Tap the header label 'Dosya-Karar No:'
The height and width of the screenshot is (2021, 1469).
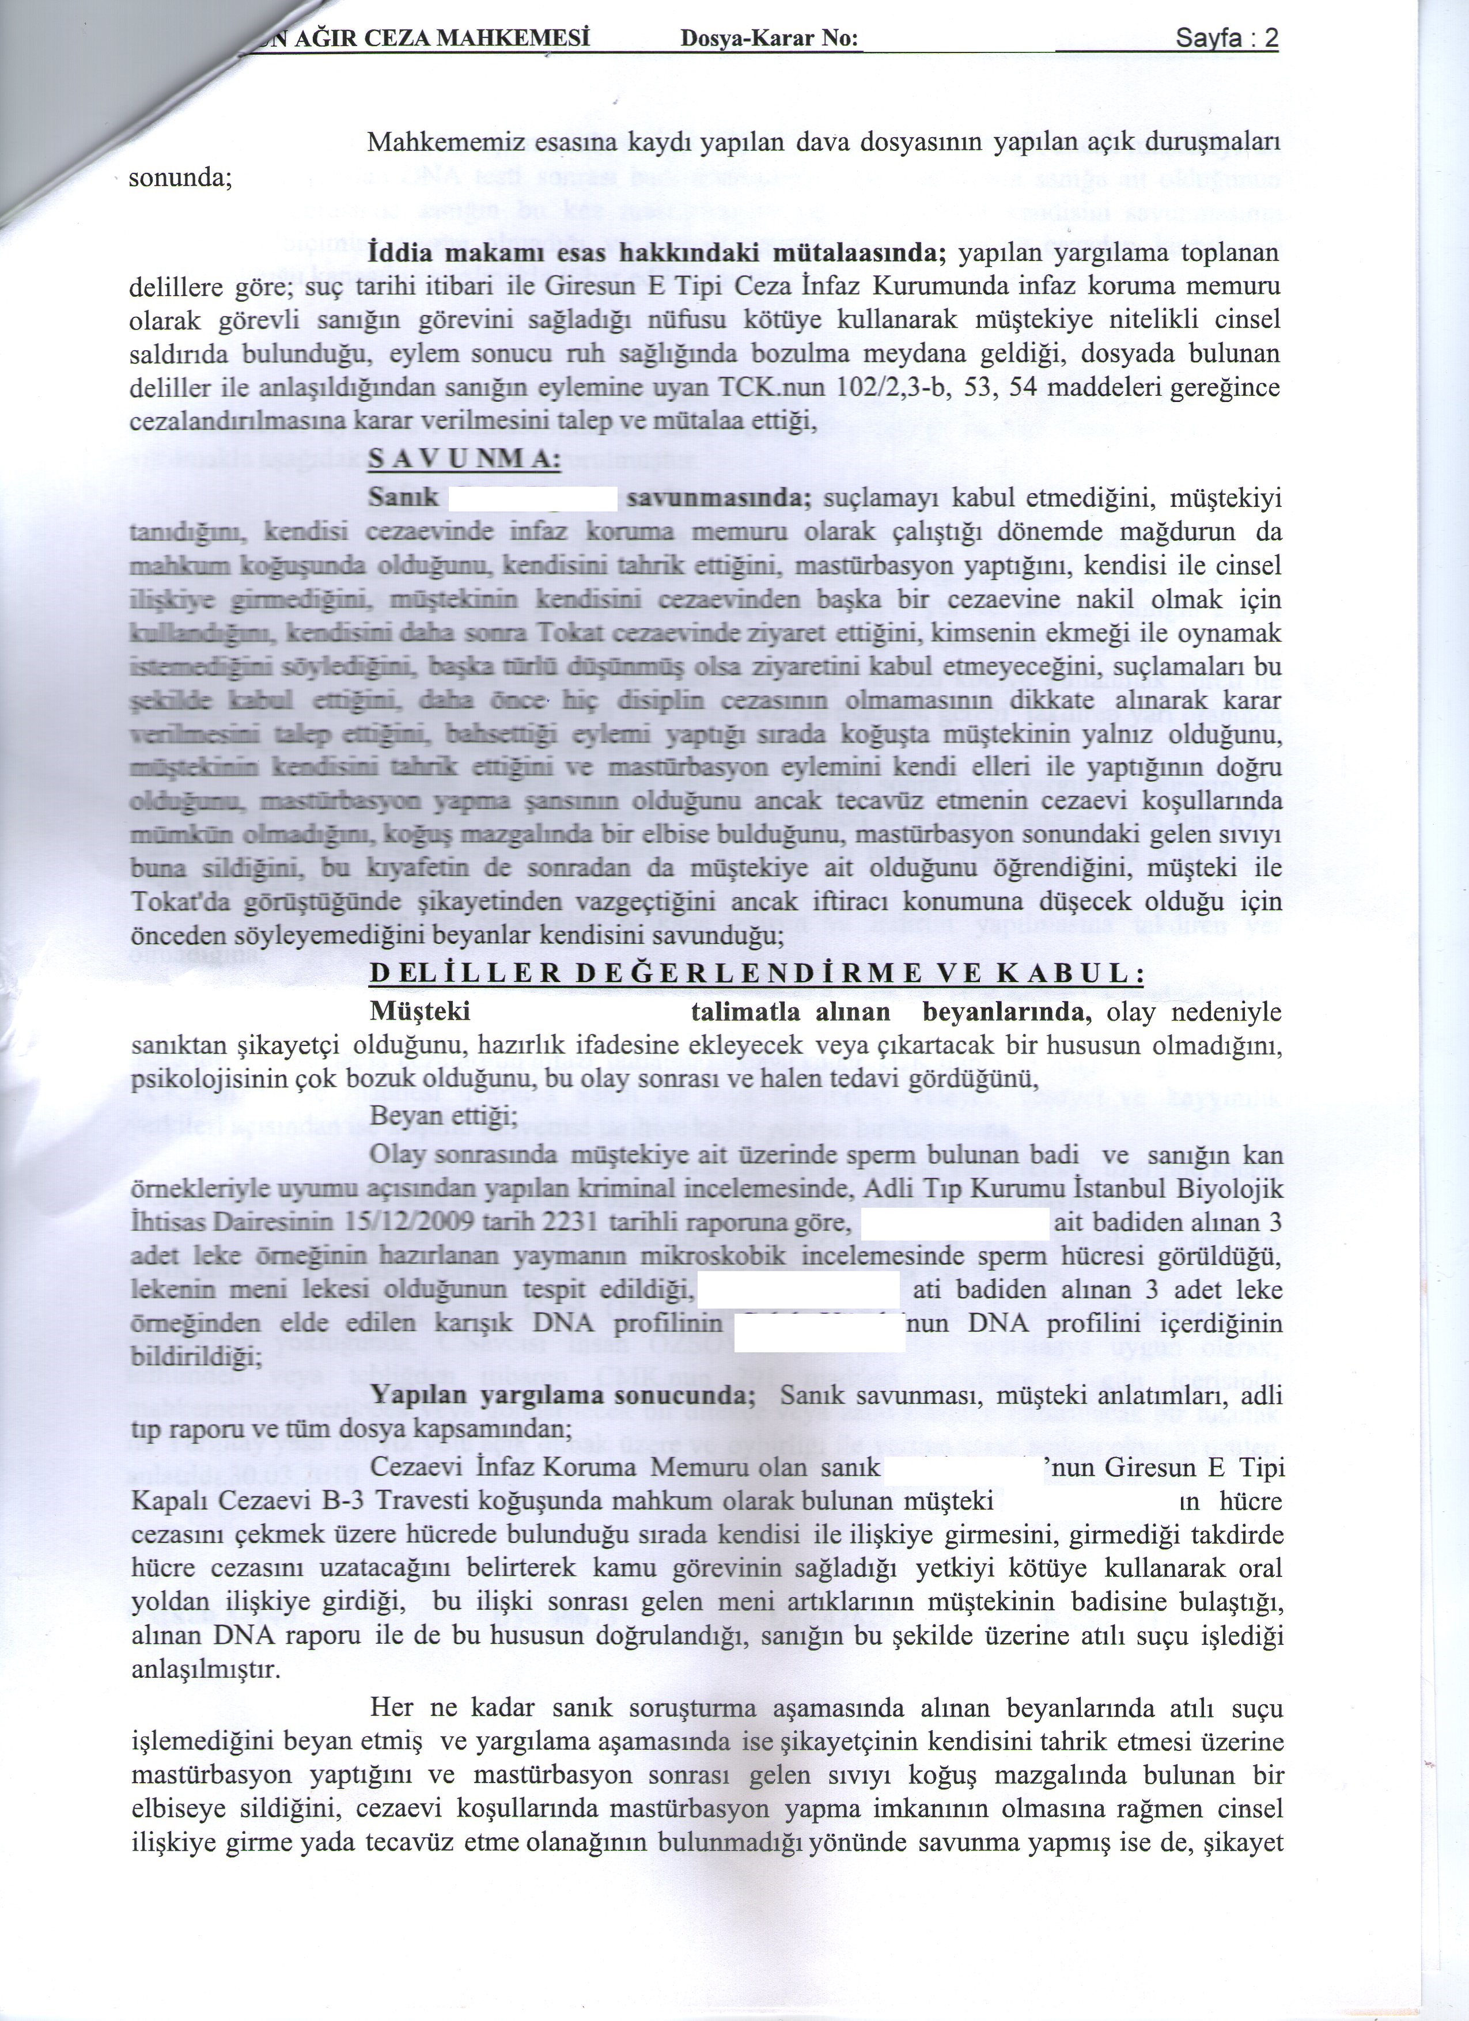click(769, 39)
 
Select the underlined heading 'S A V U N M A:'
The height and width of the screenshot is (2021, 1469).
click(464, 460)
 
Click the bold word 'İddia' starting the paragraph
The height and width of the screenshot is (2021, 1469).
click(399, 253)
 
